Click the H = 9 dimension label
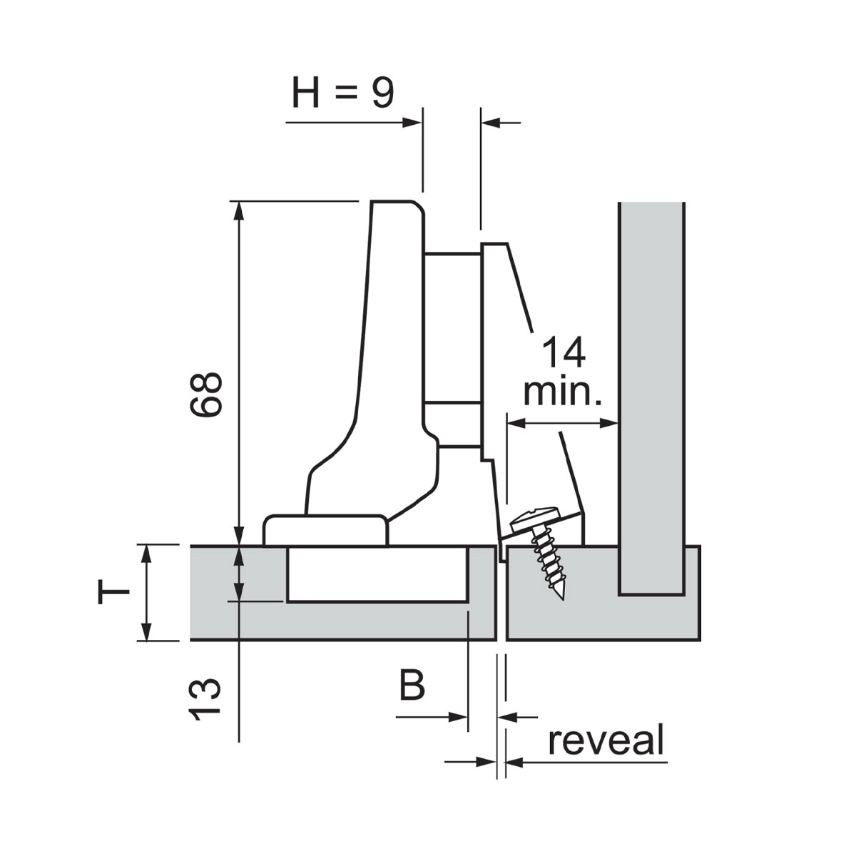click(342, 93)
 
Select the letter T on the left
click(113, 592)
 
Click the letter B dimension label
click(412, 685)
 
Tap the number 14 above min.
click(564, 353)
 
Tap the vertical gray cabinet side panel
click(652, 392)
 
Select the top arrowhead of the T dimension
click(146, 552)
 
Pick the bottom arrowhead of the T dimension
click(146, 633)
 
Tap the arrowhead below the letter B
click(460, 717)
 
